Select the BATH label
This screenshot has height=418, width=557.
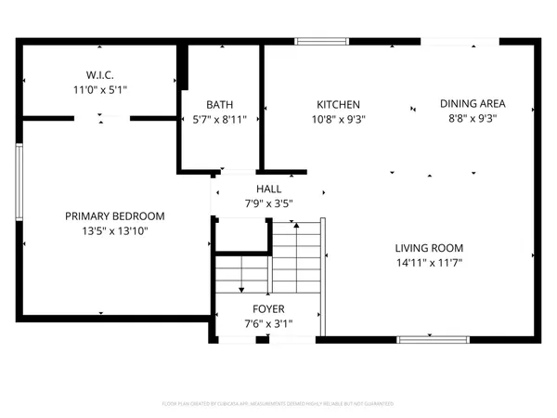point(219,105)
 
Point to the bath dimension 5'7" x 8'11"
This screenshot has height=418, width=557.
point(219,119)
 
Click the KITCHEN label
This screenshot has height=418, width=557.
point(338,105)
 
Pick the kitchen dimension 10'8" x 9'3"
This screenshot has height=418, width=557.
point(338,119)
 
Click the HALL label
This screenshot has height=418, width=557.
point(269,189)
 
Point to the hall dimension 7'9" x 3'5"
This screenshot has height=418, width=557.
point(269,202)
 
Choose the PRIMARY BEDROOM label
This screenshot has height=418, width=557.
point(114,216)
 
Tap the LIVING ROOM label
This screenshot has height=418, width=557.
point(429,248)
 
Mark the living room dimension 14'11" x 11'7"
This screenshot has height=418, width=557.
point(429,262)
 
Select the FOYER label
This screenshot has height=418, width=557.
point(268,309)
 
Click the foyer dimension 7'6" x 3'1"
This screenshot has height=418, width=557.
point(268,323)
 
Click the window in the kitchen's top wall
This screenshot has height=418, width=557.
point(321,41)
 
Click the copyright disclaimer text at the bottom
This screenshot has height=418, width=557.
point(278,404)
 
